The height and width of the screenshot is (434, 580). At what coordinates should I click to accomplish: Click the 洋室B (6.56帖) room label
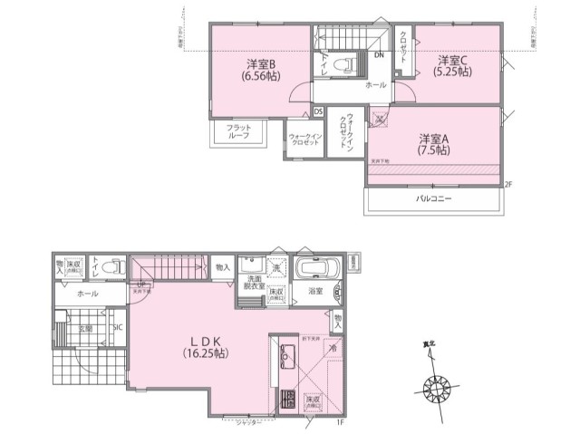click(x=260, y=71)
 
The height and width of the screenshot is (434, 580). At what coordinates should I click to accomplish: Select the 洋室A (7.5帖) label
click(x=434, y=145)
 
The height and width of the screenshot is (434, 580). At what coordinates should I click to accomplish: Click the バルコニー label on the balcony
click(x=434, y=198)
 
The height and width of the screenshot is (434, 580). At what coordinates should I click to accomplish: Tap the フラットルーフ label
click(x=239, y=132)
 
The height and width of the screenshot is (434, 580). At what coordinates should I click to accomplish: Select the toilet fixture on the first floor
click(x=113, y=267)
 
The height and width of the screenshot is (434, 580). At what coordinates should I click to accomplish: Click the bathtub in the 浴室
click(x=317, y=269)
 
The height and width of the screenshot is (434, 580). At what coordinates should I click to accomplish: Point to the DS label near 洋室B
click(x=318, y=111)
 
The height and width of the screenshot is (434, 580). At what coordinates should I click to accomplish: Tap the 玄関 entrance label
click(x=83, y=329)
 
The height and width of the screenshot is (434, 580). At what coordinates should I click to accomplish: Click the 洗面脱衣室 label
click(x=251, y=282)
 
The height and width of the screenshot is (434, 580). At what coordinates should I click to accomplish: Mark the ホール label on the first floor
click(x=88, y=294)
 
